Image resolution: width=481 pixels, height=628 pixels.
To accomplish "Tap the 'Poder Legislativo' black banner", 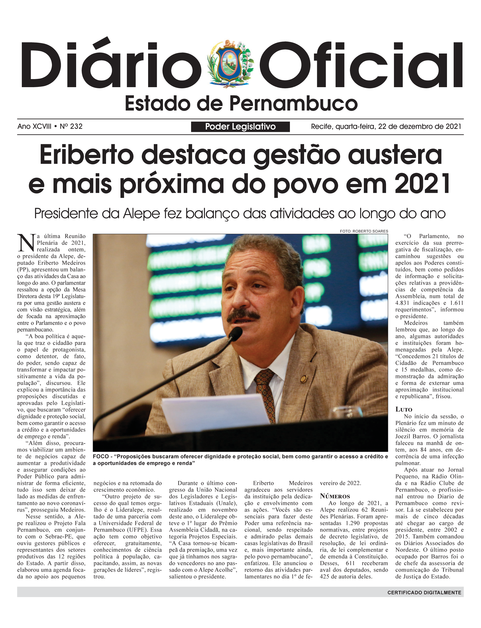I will tap(240, 126).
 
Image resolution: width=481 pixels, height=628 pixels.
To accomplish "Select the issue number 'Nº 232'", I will tap(71, 126).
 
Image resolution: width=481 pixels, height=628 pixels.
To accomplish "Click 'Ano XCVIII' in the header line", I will tap(34, 126).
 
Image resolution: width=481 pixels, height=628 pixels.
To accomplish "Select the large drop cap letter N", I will tap(26, 243).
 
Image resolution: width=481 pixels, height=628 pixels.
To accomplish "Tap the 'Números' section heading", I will tap(335, 496).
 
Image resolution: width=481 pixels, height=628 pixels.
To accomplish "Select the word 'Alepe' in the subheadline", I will tap(141, 214).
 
